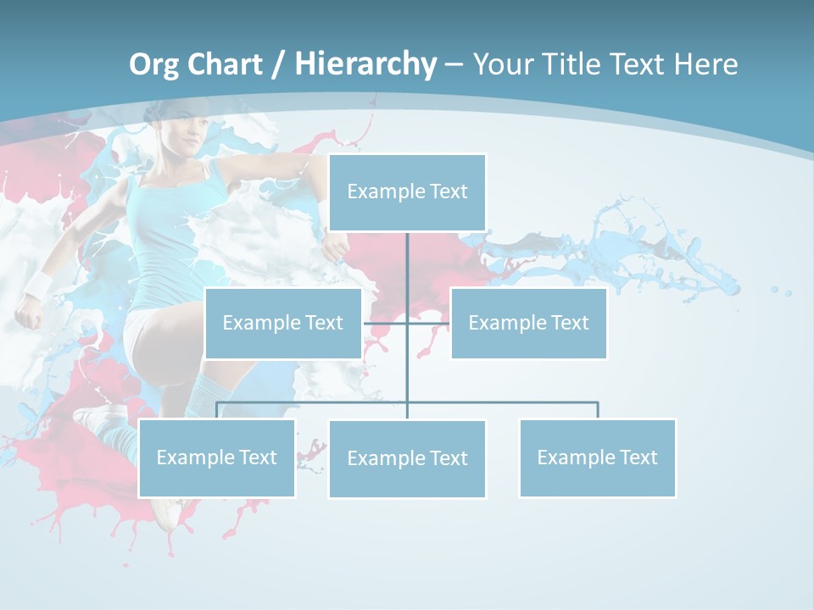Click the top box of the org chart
coord(407,192)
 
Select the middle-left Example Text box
coord(283,323)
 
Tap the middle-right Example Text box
coord(528,323)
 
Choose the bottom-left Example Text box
coord(216,457)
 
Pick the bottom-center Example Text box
coord(407,458)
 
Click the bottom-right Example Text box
coord(597,457)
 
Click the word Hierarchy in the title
coord(365,64)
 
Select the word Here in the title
coord(705,64)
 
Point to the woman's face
coord(188,141)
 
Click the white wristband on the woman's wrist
coord(38,287)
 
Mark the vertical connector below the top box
coord(407,271)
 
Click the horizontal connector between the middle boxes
coord(407,323)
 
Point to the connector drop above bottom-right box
coord(597,410)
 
